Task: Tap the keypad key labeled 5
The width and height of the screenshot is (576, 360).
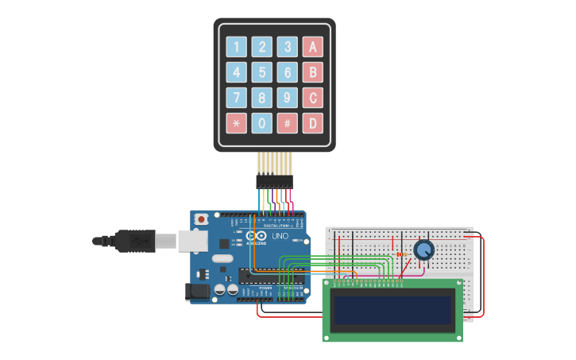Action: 261,72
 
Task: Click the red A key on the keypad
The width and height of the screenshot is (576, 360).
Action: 312,47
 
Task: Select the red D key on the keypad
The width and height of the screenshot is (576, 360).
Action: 312,123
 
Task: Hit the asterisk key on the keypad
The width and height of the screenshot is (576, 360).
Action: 236,123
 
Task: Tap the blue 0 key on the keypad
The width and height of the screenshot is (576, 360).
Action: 261,123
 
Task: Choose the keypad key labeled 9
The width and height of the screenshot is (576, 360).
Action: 287,98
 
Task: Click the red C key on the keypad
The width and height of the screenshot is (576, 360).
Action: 312,98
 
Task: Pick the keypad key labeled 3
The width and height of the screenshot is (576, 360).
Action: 287,47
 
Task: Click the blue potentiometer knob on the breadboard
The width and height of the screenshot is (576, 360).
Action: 424,250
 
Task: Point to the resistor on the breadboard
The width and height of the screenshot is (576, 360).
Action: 400,254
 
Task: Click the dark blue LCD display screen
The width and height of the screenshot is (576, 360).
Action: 393,310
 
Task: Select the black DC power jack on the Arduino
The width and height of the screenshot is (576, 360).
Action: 197,292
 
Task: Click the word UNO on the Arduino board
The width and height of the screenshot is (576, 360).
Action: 280,236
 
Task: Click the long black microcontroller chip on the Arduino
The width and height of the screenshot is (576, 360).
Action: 262,276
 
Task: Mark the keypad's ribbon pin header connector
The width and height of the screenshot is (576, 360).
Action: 274,182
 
